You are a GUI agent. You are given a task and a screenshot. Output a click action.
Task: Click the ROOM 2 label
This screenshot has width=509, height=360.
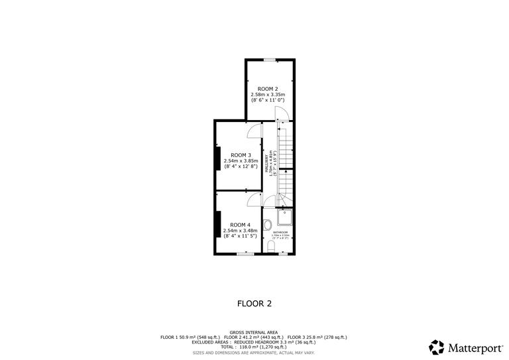(268, 89)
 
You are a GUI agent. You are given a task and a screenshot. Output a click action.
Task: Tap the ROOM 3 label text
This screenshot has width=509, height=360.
(240, 155)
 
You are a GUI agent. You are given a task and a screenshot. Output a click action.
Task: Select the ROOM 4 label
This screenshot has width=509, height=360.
(240, 224)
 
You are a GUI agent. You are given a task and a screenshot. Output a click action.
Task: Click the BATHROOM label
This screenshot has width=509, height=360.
(280, 232)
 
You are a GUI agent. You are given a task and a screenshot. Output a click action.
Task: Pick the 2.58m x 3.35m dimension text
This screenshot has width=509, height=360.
(268, 94)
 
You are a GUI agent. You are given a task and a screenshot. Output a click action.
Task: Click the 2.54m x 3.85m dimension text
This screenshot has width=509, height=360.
(240, 160)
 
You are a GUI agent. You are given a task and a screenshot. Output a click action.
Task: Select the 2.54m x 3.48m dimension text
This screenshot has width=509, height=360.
(240, 230)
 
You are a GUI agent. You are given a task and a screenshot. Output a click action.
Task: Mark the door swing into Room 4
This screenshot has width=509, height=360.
(254, 200)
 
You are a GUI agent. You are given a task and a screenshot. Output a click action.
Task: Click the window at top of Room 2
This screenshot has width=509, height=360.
(269, 60)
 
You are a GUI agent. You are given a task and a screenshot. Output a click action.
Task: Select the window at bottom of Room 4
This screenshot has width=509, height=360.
(245, 253)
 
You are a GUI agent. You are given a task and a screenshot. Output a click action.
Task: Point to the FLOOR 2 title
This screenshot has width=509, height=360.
(254, 304)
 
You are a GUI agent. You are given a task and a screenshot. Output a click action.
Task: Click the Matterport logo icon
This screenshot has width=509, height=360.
(437, 346)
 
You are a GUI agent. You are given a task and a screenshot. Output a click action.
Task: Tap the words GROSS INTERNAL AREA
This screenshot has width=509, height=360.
(254, 331)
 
